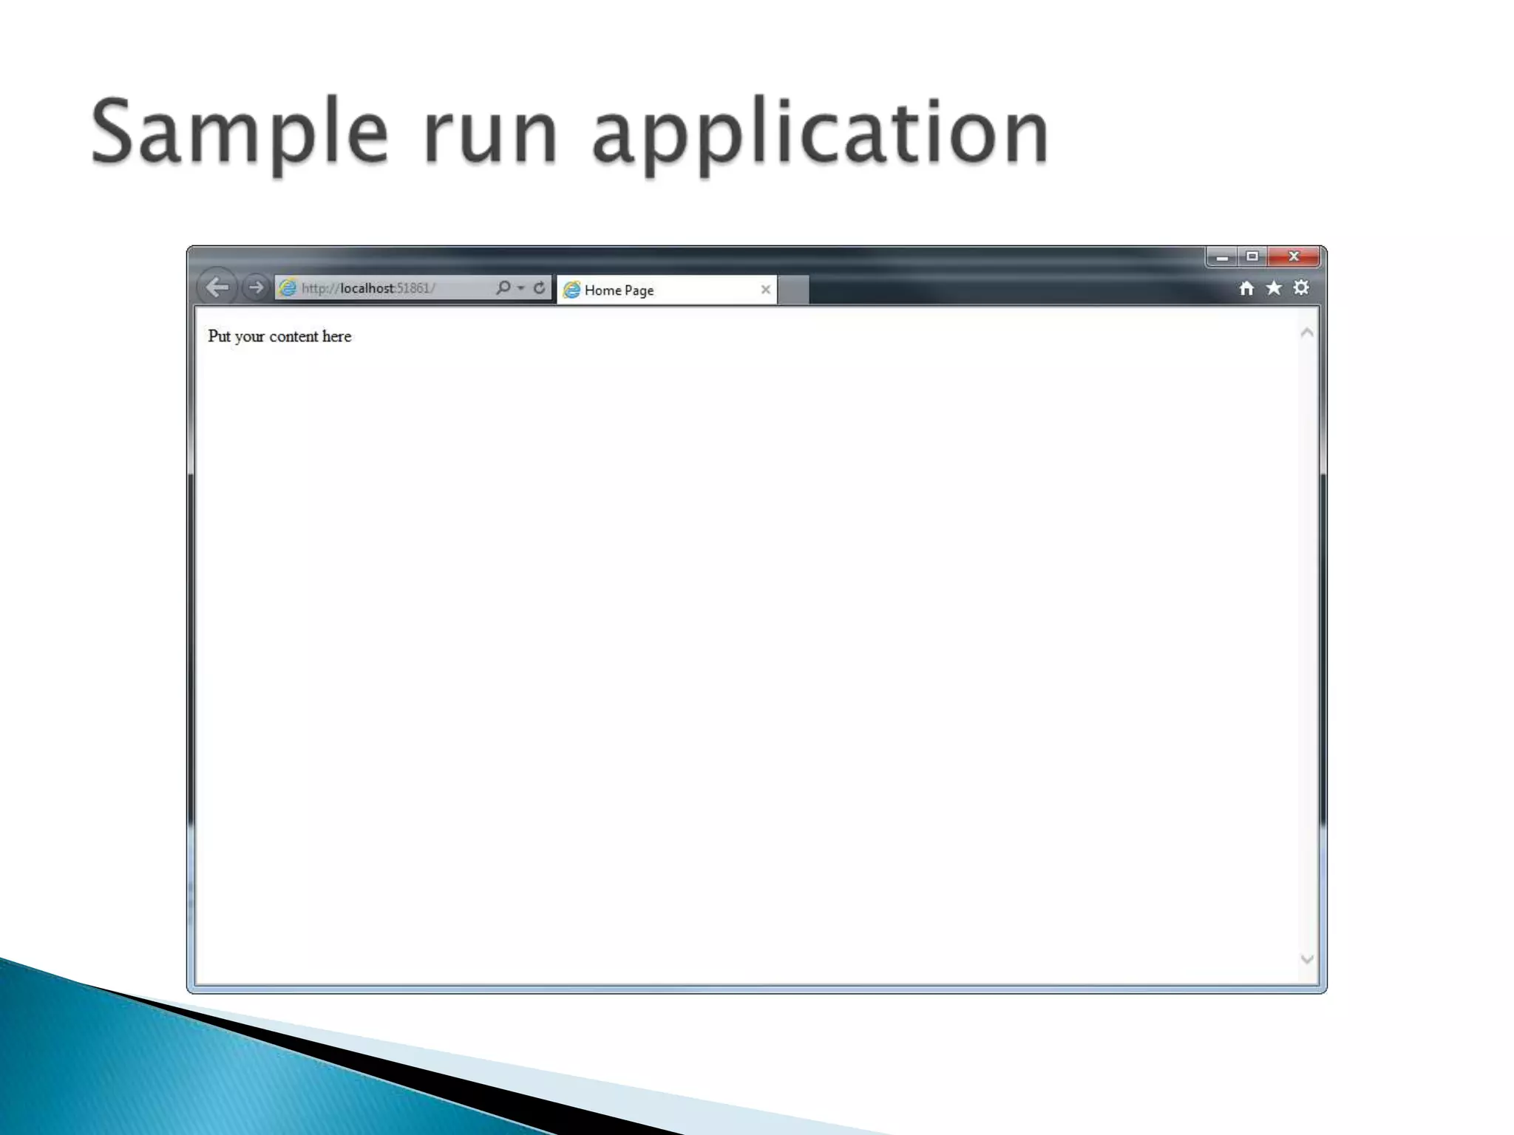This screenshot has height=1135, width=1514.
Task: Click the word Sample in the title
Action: pyautogui.click(x=239, y=133)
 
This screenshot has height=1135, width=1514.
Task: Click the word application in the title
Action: pyautogui.click(x=821, y=133)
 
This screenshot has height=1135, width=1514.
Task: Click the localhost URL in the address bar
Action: pyautogui.click(x=367, y=288)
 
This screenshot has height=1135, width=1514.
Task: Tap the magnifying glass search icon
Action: pyautogui.click(x=503, y=287)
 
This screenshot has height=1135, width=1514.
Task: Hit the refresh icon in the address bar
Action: pyautogui.click(x=540, y=287)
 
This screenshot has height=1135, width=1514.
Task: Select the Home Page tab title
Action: pyautogui.click(x=619, y=290)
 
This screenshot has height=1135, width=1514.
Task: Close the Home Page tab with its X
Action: pyautogui.click(x=766, y=290)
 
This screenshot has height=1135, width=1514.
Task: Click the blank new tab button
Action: pyautogui.click(x=793, y=290)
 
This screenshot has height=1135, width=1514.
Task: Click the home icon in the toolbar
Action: pyautogui.click(x=1246, y=288)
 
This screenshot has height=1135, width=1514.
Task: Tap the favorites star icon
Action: pyautogui.click(x=1274, y=287)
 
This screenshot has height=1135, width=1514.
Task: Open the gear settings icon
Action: pyautogui.click(x=1301, y=287)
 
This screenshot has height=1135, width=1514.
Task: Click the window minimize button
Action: pyautogui.click(x=1222, y=257)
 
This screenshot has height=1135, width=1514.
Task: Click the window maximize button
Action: pyautogui.click(x=1252, y=256)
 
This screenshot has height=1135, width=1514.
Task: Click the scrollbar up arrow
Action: pyautogui.click(x=1307, y=333)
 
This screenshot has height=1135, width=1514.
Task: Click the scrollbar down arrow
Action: pyautogui.click(x=1307, y=959)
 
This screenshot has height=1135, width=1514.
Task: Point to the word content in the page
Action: pyautogui.click(x=293, y=337)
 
